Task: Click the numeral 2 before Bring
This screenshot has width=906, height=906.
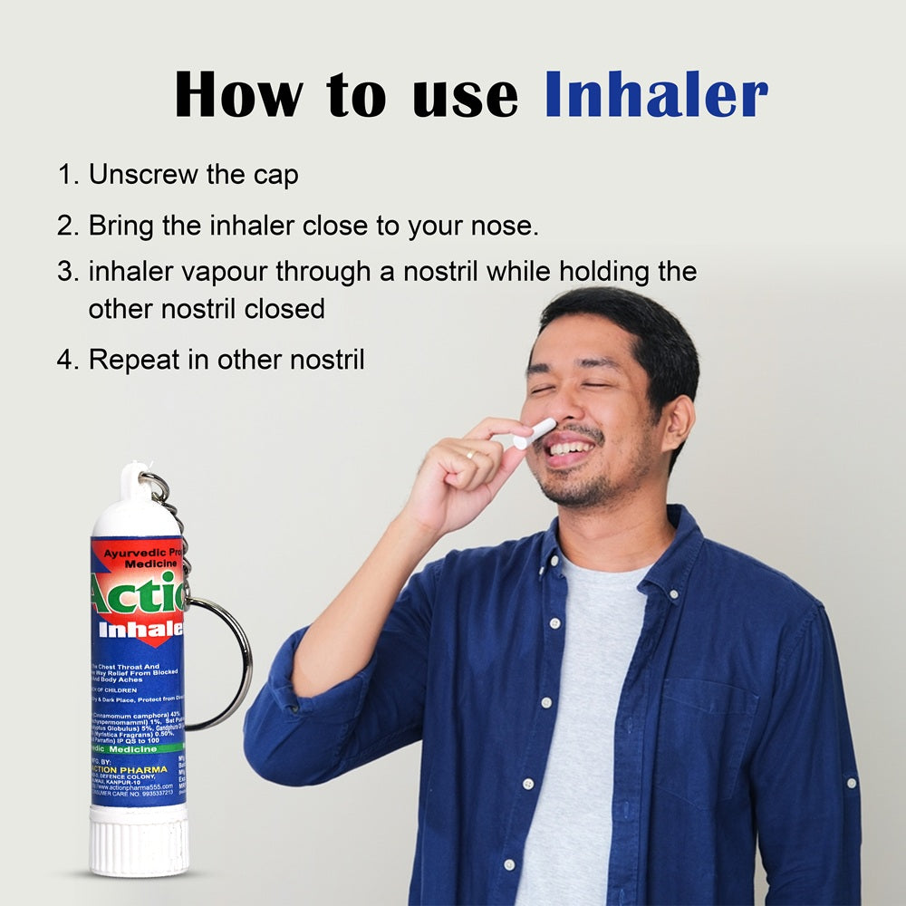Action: (x=66, y=226)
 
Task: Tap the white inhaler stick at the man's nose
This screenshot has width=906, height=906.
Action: (x=535, y=433)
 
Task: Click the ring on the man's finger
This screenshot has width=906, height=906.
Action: (x=470, y=454)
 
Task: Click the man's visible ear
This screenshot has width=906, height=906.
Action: (x=678, y=423)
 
